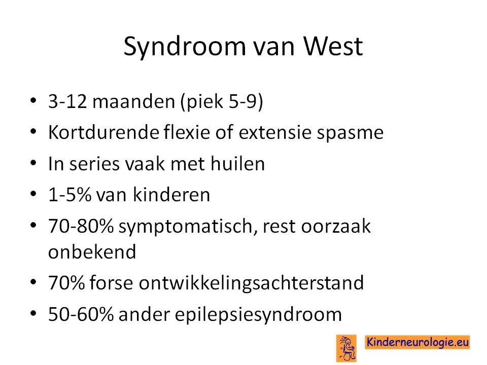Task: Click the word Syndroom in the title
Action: coord(185,47)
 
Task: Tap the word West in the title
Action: coord(333,46)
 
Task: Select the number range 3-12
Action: coord(67,101)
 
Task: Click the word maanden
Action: coord(133,101)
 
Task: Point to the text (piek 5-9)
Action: coord(222,101)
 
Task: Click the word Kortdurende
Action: coord(103,132)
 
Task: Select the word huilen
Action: coord(237,163)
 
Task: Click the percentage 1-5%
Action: coord(69,195)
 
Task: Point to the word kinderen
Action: coord(171,195)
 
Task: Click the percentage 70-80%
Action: coord(81,226)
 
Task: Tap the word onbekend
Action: coord(92,251)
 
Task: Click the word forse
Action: coord(111,282)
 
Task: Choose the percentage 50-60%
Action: coord(81,314)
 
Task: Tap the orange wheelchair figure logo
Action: coord(346,348)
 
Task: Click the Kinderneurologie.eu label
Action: coord(418,342)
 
